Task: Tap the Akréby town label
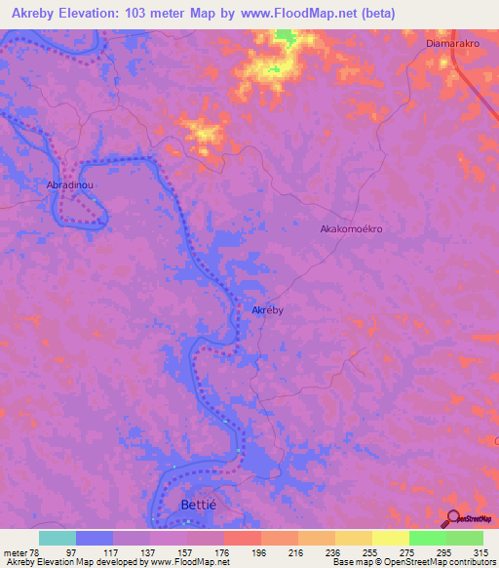267,309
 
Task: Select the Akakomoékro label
351,229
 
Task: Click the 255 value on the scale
369,551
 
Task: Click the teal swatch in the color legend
57,538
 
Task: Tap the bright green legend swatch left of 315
427,538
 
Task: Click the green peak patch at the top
285,38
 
